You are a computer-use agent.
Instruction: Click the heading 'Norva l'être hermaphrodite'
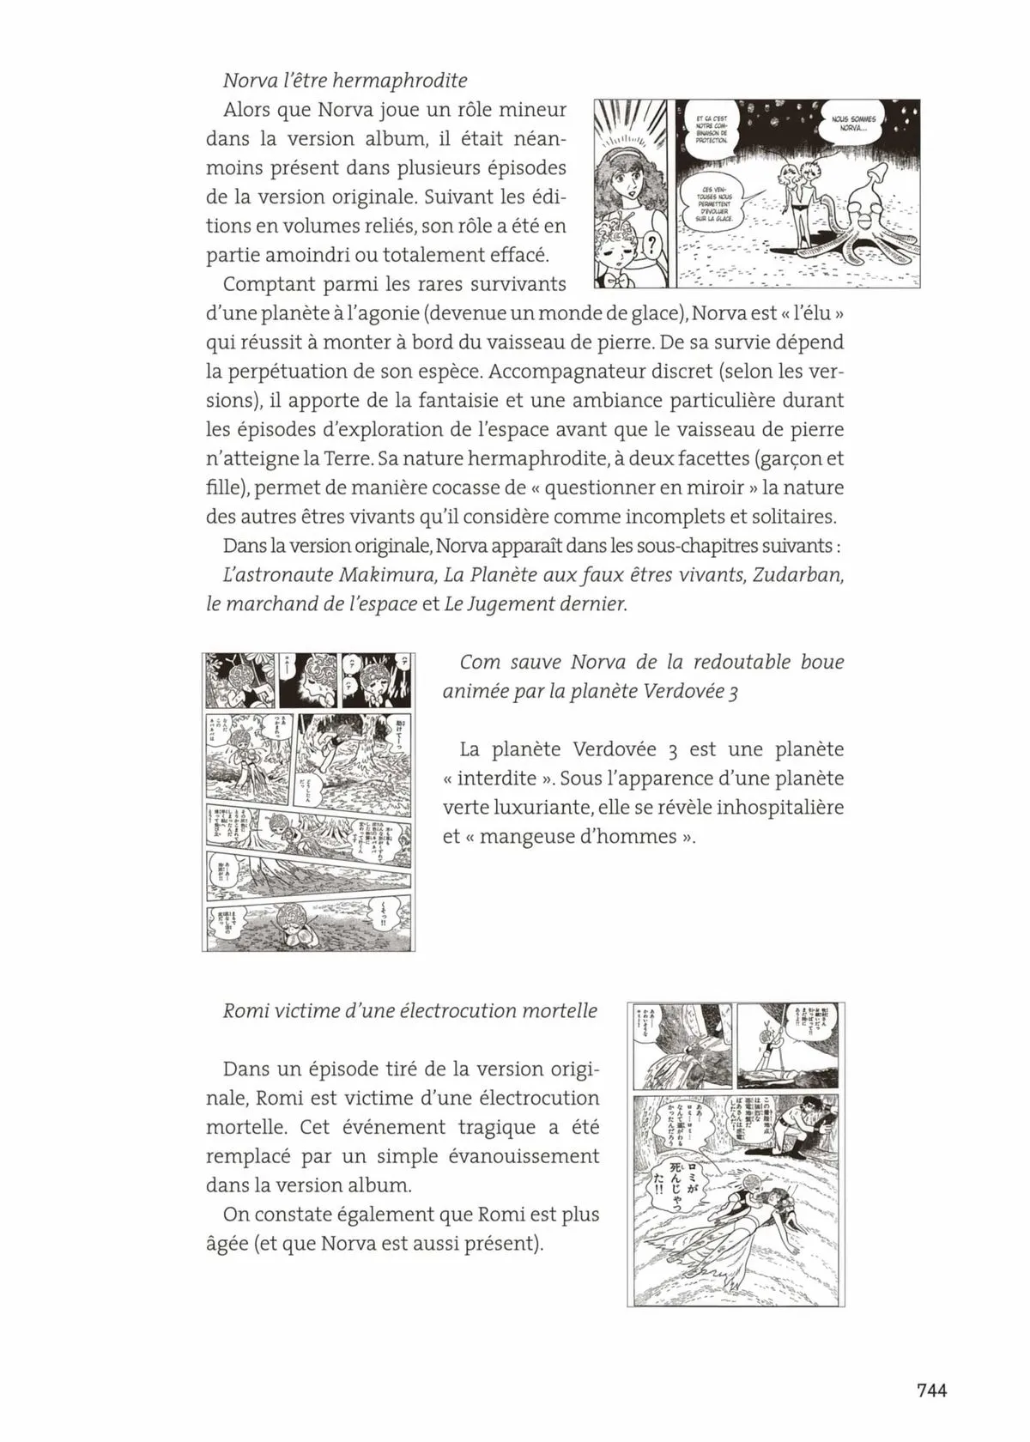point(344,81)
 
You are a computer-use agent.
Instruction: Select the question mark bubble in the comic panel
point(651,247)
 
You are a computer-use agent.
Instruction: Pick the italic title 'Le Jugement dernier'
point(535,603)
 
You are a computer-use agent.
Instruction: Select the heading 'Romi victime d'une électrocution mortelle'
point(410,1010)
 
